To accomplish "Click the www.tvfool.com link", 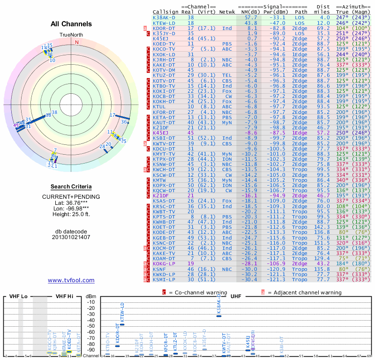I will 71,280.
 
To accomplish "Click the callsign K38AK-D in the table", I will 164,17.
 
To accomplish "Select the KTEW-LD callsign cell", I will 164,22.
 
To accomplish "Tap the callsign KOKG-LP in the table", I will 164,263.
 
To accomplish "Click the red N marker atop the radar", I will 77,42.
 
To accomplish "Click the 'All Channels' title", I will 71,24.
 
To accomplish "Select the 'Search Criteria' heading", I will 71,187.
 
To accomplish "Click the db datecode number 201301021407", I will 71,237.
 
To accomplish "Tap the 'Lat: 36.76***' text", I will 71,202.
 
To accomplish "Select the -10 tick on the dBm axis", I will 91,302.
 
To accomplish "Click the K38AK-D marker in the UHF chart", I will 218,315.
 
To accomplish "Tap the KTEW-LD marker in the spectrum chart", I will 122,324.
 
